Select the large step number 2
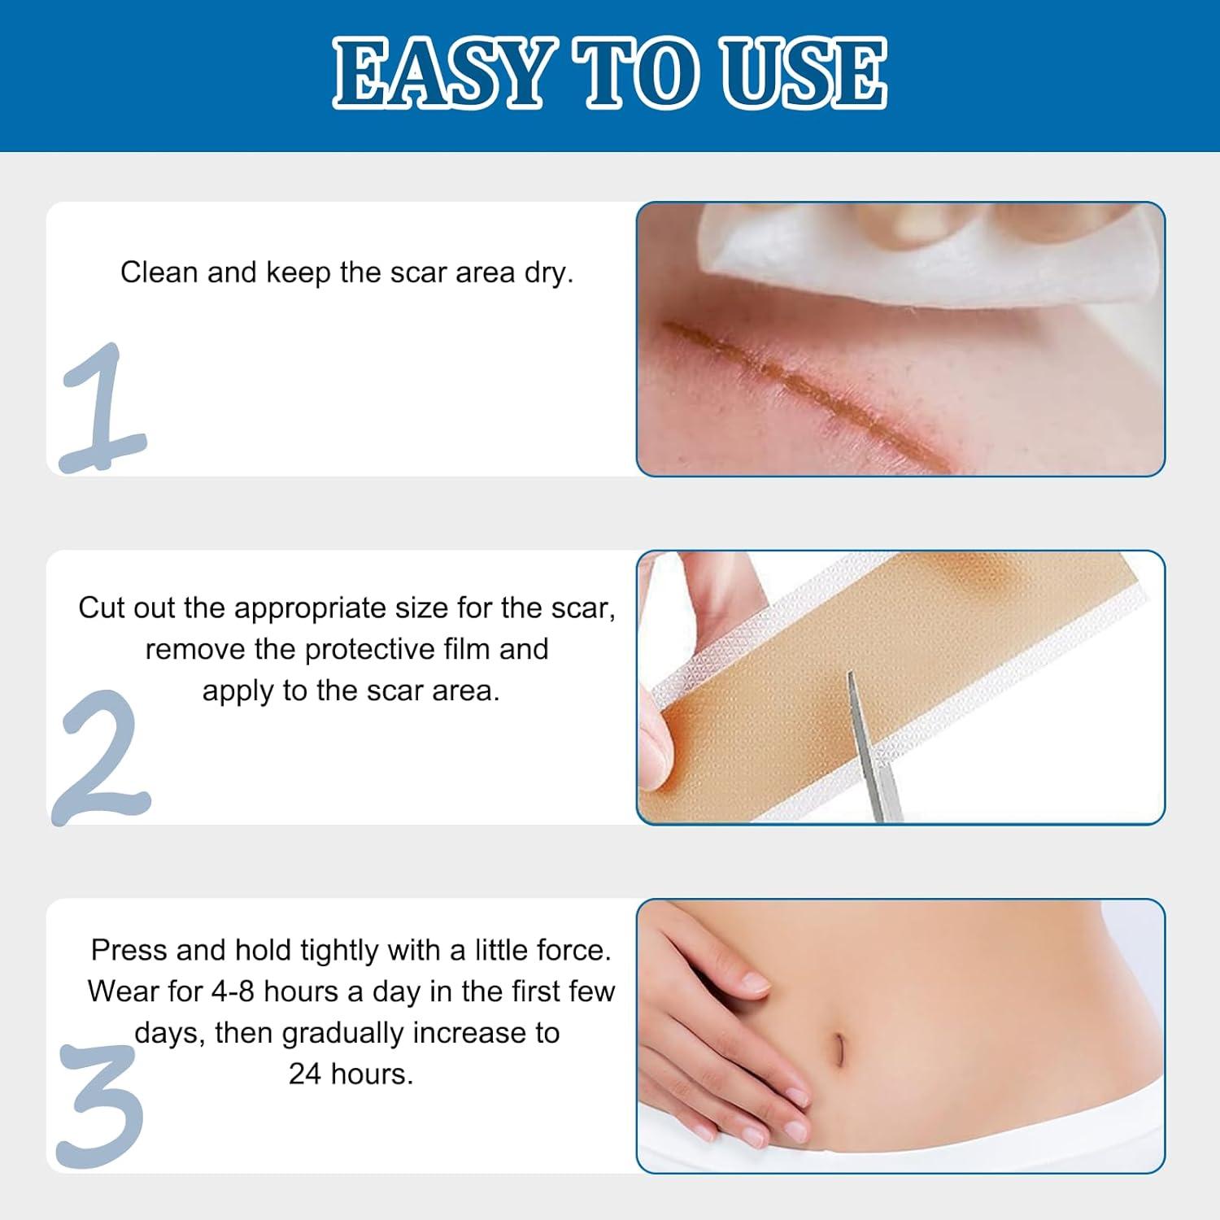[102, 756]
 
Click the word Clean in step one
[159, 272]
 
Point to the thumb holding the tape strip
[655, 748]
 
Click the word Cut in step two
[102, 608]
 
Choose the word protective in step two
[369, 650]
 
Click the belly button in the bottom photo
[838, 1049]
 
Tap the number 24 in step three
[305, 1074]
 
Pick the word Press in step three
[129, 950]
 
